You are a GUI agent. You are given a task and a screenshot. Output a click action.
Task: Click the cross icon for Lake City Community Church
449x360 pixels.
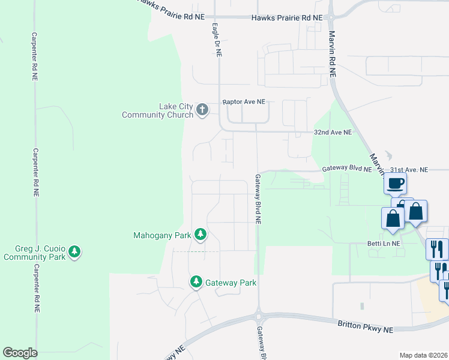pyautogui.click(x=202, y=109)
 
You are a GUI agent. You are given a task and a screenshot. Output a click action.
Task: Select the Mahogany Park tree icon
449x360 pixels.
pyautogui.click(x=200, y=235)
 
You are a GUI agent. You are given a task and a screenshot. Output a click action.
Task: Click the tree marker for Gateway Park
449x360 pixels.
pyautogui.click(x=196, y=281)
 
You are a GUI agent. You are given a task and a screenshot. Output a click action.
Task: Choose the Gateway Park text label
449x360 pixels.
pyautogui.click(x=231, y=283)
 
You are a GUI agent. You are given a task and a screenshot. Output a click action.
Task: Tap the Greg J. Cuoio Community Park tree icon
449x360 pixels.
pyautogui.click(x=74, y=251)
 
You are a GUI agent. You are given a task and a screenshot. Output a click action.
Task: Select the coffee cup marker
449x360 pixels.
pyautogui.click(x=395, y=184)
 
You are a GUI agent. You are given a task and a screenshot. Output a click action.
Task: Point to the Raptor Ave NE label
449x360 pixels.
pyautogui.click(x=244, y=103)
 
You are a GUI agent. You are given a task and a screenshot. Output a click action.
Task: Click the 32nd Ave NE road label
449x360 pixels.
pyautogui.click(x=333, y=132)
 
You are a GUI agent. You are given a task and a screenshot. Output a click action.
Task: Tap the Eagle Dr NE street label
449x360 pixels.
pyautogui.click(x=217, y=40)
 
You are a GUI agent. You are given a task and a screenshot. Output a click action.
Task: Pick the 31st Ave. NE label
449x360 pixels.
pyautogui.click(x=409, y=170)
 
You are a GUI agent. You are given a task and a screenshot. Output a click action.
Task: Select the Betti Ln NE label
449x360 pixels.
pyautogui.click(x=383, y=244)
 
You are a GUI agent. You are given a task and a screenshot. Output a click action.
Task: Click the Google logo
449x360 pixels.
pyautogui.click(x=20, y=353)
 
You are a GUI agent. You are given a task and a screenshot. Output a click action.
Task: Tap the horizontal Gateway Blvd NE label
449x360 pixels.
pyautogui.click(x=347, y=170)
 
